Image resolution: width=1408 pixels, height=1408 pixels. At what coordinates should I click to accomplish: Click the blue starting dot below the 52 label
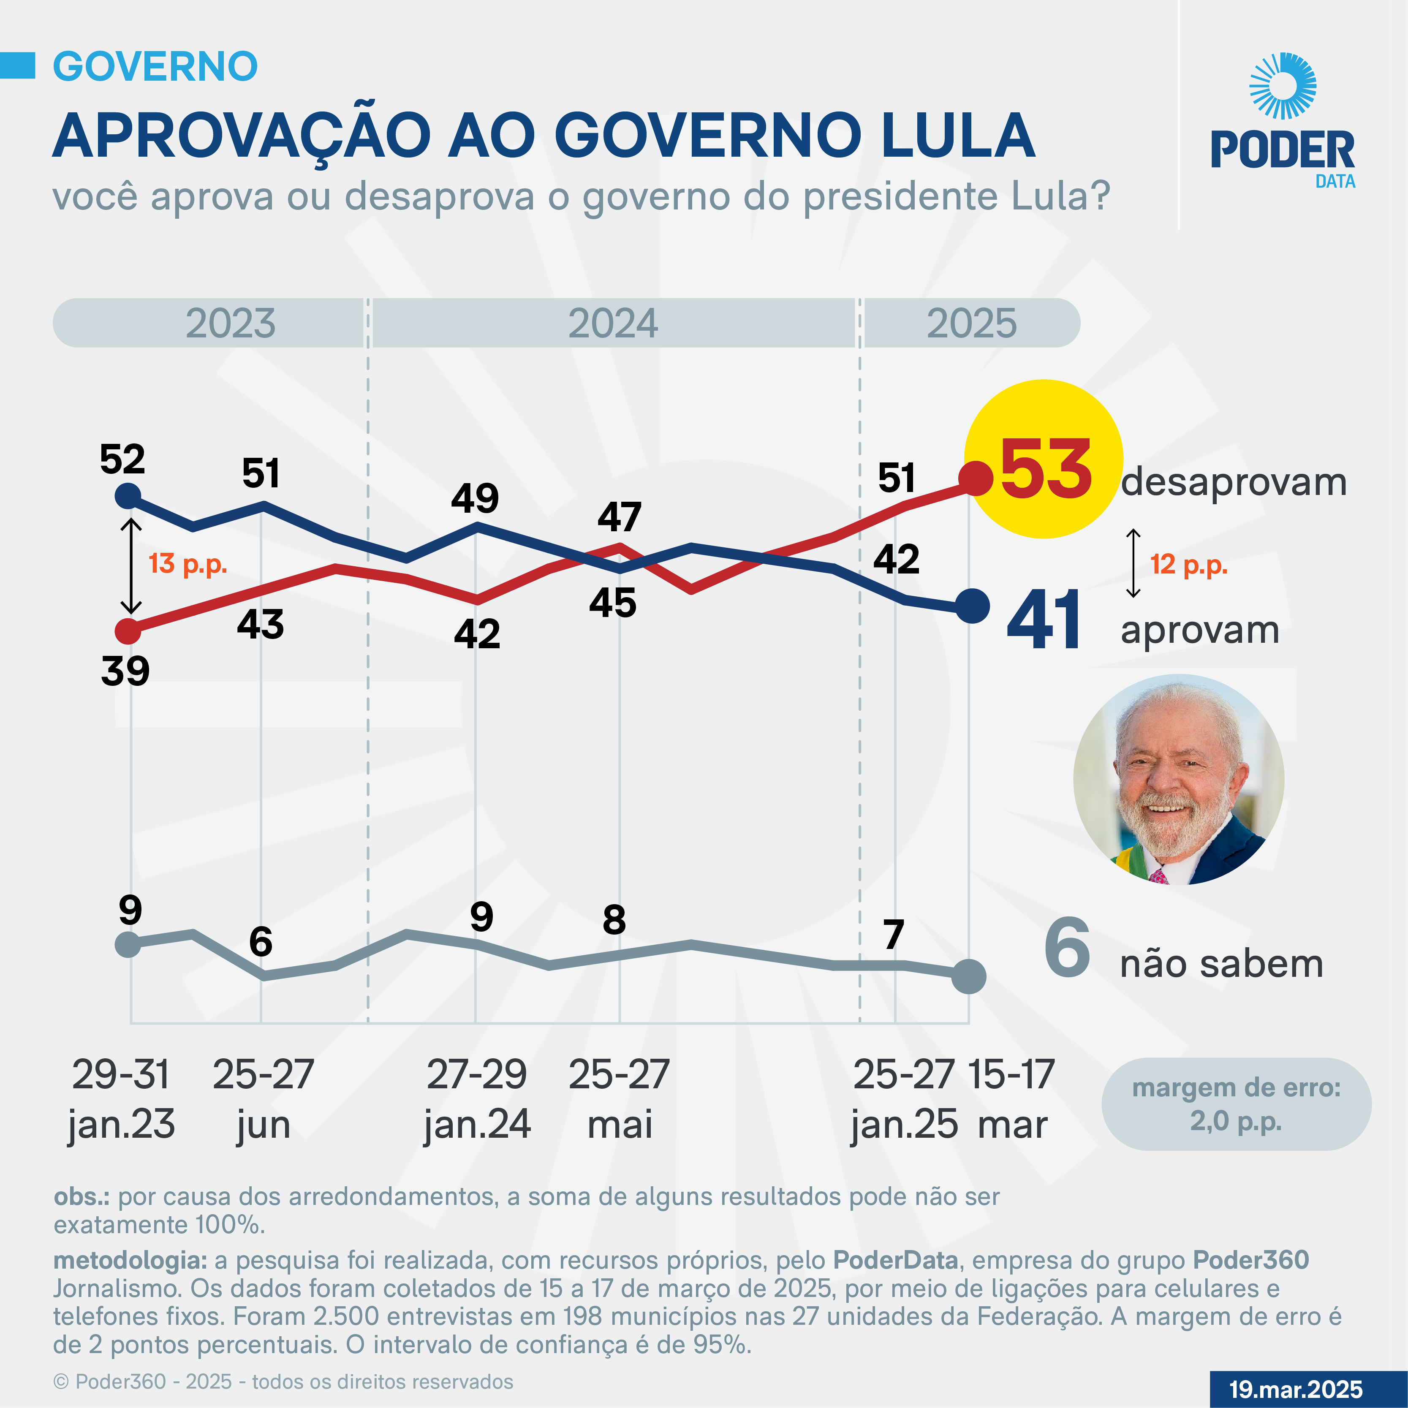128,497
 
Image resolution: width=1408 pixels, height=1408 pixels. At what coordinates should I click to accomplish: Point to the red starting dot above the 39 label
128,631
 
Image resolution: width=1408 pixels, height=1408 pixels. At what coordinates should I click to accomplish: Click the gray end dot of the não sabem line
969,976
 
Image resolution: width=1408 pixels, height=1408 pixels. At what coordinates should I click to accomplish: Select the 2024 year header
612,323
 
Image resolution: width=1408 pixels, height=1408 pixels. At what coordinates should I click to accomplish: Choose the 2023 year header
230,323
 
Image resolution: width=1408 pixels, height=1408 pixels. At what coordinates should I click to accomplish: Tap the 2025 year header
971,323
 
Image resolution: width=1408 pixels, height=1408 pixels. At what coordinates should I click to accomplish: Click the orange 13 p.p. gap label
188,563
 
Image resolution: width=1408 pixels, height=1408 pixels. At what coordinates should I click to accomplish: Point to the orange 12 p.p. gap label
1189,564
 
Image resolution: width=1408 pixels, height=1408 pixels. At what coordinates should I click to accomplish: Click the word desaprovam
1233,482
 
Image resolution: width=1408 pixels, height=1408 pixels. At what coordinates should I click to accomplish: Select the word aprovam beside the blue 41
1199,631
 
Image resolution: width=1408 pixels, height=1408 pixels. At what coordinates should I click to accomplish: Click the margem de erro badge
1236,1104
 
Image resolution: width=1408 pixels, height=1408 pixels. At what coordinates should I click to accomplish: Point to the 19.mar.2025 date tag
1296,1389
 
